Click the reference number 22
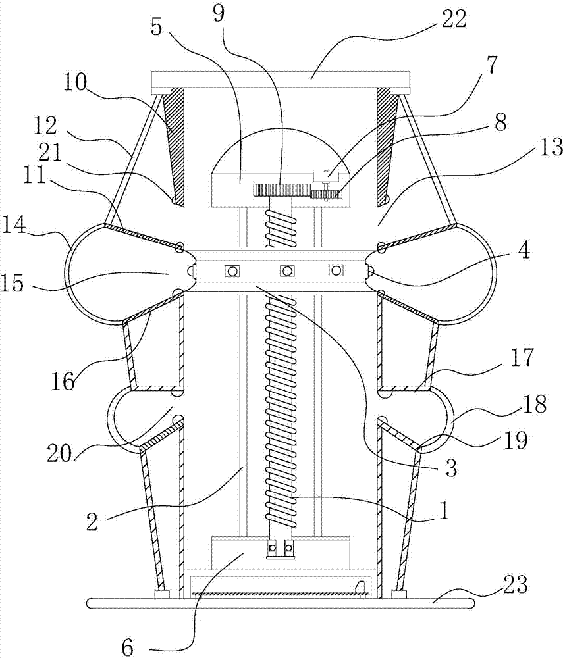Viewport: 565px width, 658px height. (453, 19)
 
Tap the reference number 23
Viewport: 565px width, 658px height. (514, 584)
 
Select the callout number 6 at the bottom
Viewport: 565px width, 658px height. (127, 647)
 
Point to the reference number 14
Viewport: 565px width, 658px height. (13, 226)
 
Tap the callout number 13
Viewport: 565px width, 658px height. (551, 147)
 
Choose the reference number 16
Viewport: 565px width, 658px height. (63, 381)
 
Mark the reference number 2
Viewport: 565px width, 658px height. (92, 522)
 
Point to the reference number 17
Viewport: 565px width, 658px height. (522, 357)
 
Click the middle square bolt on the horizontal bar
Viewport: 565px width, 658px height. (286, 271)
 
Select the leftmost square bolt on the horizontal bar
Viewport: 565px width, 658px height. (231, 271)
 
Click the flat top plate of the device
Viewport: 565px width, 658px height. (280, 80)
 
